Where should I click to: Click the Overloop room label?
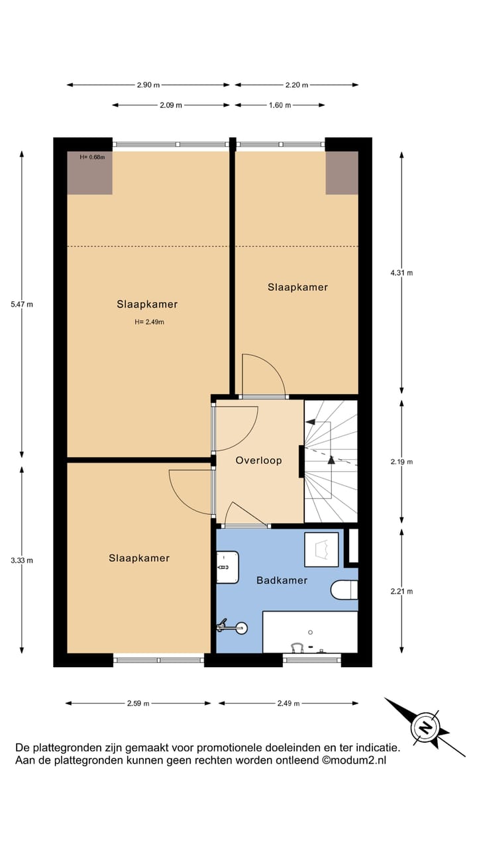258,460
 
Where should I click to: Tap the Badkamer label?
282,580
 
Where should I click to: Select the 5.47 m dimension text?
22,304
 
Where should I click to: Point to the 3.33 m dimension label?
22,560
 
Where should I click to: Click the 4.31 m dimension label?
401,272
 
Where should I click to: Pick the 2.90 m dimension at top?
148,85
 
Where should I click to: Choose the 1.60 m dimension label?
280,105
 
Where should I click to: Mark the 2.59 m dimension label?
138,703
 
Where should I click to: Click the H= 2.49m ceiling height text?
148,323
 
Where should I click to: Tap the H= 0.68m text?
92,157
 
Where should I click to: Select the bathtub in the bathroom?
310,632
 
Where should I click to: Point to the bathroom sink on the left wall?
227,568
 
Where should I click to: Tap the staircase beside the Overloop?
331,460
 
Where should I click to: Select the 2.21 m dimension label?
401,592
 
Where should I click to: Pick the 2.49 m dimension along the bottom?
288,703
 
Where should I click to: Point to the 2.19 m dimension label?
401,462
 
